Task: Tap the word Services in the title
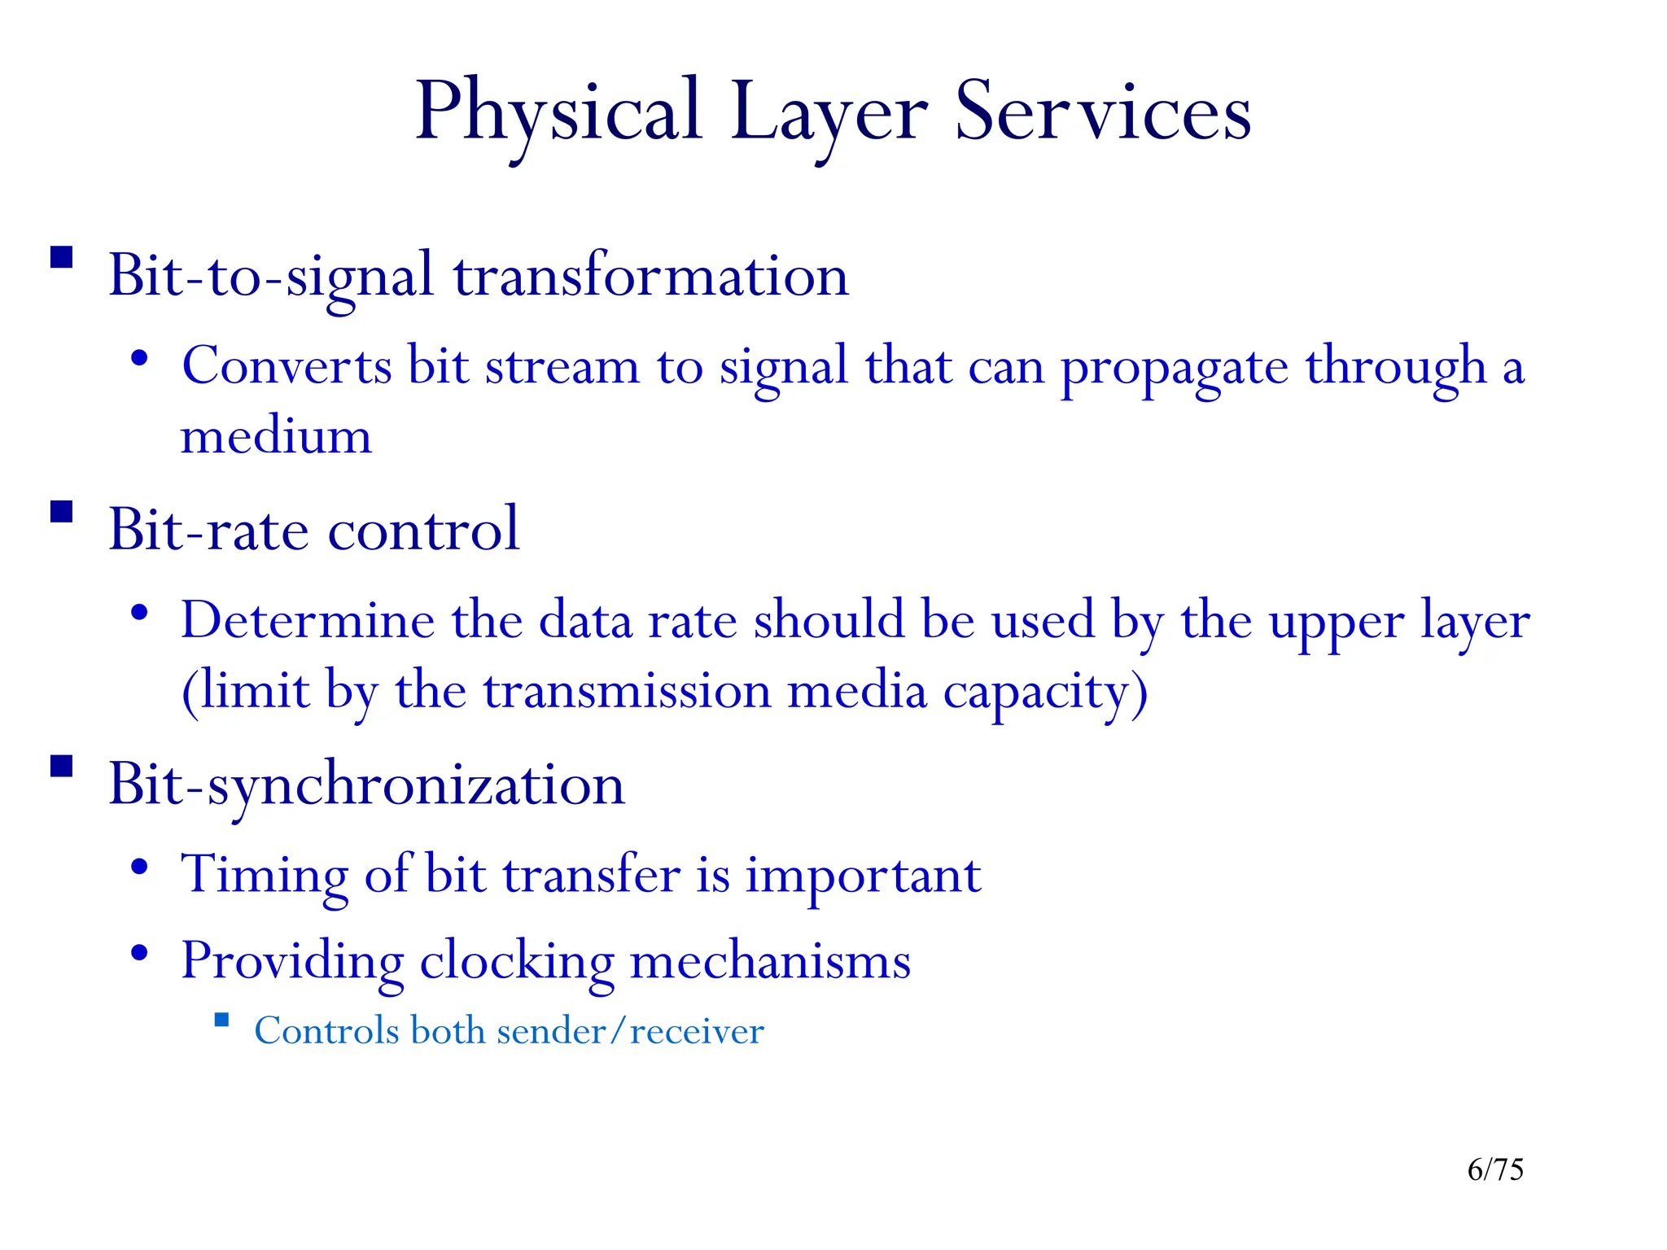click(1103, 112)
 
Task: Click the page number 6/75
click(1495, 1169)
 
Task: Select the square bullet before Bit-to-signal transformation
click(62, 258)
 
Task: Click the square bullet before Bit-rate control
click(62, 512)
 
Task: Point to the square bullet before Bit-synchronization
click(62, 767)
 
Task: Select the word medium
click(276, 436)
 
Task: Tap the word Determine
click(308, 620)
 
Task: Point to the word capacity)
click(1045, 693)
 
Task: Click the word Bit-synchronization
click(367, 785)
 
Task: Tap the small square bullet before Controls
click(221, 1021)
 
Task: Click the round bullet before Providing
click(140, 952)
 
